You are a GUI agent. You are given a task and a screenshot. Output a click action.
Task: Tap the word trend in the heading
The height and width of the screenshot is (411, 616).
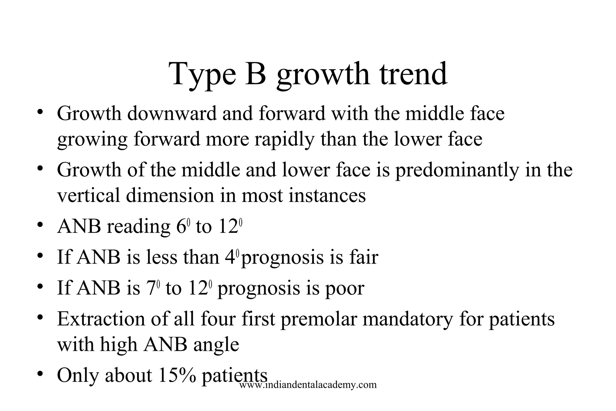point(413,74)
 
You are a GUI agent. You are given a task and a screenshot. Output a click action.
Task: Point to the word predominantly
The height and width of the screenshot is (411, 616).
point(457,170)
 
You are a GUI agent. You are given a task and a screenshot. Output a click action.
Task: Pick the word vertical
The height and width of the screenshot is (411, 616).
point(88,196)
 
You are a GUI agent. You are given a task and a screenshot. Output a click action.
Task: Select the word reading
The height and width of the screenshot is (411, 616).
point(139,227)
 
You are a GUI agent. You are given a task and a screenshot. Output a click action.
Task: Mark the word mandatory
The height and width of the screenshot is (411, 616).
point(408,320)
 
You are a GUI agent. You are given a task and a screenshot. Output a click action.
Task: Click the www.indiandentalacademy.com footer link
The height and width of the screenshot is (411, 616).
point(308,385)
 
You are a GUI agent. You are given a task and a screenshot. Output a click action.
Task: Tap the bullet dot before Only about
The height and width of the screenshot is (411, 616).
point(40,375)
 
